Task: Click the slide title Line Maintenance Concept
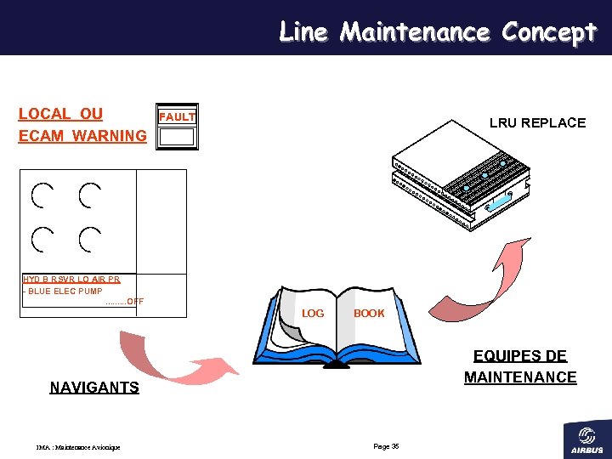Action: click(438, 32)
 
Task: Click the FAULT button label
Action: click(178, 116)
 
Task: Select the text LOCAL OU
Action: click(60, 114)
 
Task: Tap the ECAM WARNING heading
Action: click(82, 136)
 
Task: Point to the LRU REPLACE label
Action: click(537, 123)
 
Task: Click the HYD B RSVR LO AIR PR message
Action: click(71, 279)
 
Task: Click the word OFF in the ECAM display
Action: click(134, 302)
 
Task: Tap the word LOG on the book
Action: click(313, 314)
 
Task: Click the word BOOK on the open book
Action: click(369, 314)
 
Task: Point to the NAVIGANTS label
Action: click(94, 388)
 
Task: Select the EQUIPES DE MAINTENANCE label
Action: click(520, 366)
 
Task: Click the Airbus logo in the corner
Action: click(586, 439)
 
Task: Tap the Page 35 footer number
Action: click(386, 446)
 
